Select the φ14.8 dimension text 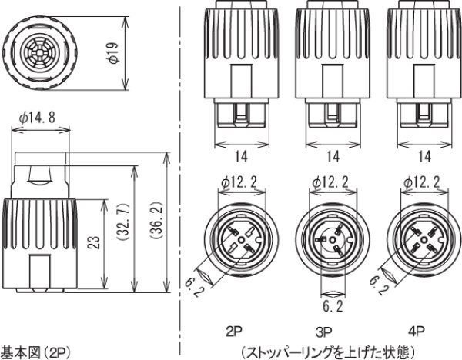click(x=38, y=118)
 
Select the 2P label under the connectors click(x=236, y=332)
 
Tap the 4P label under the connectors click(x=417, y=332)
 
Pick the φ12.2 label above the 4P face click(x=422, y=182)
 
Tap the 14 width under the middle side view click(x=333, y=156)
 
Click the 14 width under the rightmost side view click(x=423, y=156)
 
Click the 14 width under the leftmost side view click(x=241, y=156)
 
